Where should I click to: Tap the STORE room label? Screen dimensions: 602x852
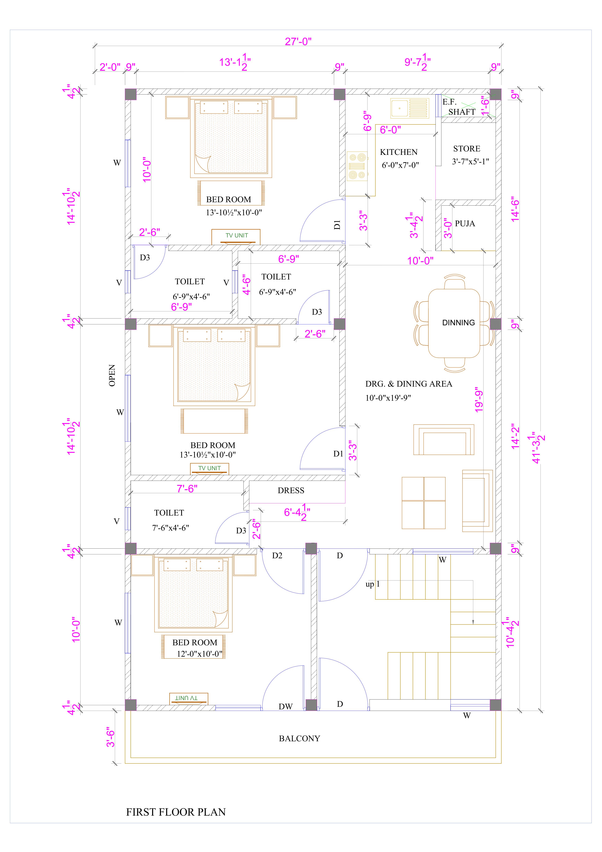tap(467, 149)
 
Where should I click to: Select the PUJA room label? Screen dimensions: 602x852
tap(465, 223)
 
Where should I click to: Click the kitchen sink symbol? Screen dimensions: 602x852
tap(410, 108)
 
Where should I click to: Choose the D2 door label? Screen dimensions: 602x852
tap(277, 556)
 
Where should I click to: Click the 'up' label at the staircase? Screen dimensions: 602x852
tap(370, 584)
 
